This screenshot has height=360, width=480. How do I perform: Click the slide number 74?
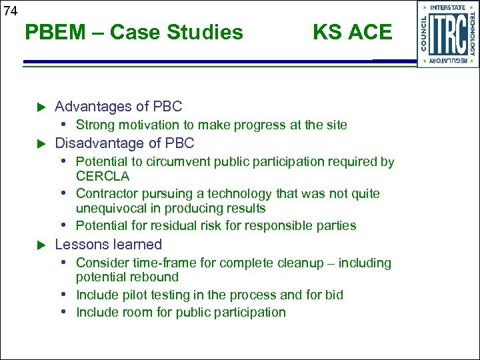pyautogui.click(x=10, y=10)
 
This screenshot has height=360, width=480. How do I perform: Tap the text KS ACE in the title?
pyautogui.click(x=352, y=32)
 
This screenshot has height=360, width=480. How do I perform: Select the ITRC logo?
pyautogui.click(x=447, y=33)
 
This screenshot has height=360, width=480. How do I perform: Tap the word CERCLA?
pyautogui.click(x=103, y=177)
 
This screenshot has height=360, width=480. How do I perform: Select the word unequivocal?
pyautogui.click(x=111, y=209)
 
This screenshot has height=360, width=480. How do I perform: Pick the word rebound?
pyautogui.click(x=155, y=277)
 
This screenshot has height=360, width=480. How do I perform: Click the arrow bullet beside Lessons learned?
pyautogui.click(x=40, y=245)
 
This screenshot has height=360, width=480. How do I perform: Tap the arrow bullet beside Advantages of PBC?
pyautogui.click(x=40, y=107)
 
